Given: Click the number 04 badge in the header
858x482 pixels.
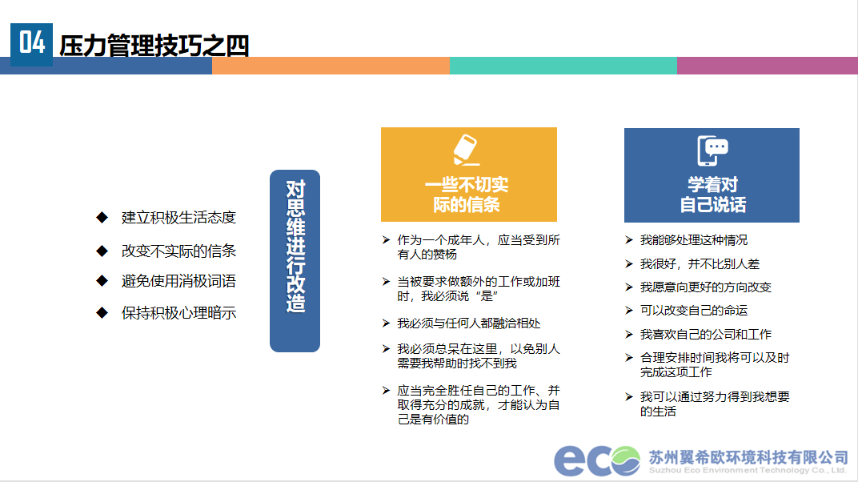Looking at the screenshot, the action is coord(32,44).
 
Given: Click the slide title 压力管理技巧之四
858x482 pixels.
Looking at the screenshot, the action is coord(154,46).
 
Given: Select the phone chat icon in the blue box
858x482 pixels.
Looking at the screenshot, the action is coord(712,151).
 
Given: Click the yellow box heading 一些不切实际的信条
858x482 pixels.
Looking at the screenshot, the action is coord(467,195).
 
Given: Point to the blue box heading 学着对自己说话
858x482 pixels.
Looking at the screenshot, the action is coord(712,195).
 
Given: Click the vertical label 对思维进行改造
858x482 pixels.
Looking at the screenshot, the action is coord(295,246).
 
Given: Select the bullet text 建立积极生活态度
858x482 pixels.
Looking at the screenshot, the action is coord(178,218).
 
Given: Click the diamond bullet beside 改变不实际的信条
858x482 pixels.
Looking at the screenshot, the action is coord(102,251).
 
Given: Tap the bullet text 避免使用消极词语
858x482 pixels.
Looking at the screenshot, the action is coord(178,281).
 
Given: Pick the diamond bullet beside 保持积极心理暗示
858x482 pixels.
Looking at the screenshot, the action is coord(102,313).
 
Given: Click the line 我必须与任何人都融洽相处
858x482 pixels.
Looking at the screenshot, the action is coord(469,323).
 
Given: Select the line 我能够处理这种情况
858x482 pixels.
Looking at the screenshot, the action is coord(694,240).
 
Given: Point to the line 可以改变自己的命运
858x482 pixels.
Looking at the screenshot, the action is coord(694,310).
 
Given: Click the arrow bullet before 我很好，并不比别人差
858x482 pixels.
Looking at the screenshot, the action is coord(629,263).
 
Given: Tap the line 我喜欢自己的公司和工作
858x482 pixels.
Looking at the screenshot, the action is coord(706,335).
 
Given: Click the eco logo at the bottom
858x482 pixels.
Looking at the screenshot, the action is coord(596,460).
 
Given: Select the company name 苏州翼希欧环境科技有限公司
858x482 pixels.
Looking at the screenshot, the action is coord(748,457).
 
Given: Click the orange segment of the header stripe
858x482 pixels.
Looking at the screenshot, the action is coord(331,66).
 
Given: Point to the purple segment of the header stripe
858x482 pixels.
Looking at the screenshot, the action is coord(768,66).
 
